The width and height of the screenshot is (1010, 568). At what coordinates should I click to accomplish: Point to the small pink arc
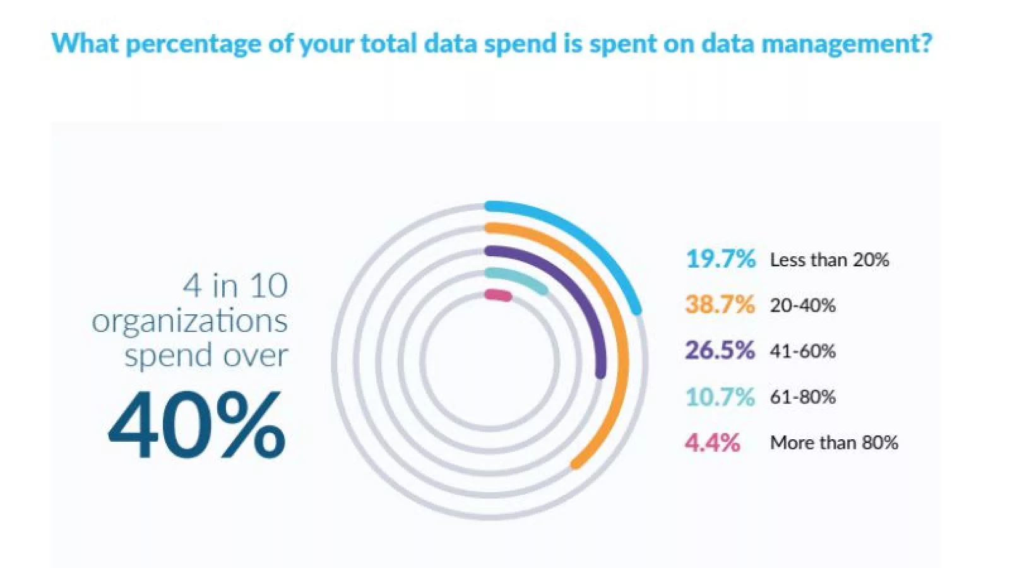click(497, 295)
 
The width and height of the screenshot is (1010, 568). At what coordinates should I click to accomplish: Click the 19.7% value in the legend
click(720, 259)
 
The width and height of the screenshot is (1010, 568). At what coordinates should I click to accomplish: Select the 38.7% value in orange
click(720, 305)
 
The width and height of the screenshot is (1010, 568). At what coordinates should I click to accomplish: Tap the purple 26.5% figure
click(720, 350)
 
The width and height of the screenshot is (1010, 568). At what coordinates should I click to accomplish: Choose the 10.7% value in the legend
click(720, 397)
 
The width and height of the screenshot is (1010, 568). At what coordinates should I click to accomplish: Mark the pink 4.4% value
click(712, 442)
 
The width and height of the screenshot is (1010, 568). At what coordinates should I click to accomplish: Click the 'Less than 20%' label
click(829, 259)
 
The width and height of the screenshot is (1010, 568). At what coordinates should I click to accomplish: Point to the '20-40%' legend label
click(802, 305)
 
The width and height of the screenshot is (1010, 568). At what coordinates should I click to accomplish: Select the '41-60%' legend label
click(802, 351)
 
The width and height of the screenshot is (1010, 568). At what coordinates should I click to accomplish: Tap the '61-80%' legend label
click(802, 397)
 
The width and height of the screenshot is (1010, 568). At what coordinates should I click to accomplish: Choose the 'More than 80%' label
click(833, 442)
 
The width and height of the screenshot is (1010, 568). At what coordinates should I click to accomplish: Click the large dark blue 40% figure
click(197, 425)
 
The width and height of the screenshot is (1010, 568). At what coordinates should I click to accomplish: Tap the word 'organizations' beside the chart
click(189, 321)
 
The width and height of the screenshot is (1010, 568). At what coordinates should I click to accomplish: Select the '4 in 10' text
click(235, 285)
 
